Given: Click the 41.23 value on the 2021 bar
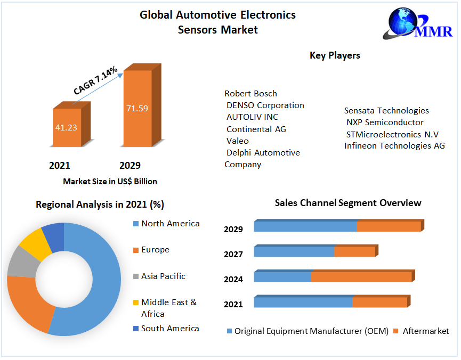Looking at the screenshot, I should [67, 128].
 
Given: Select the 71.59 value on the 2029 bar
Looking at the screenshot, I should [137, 108].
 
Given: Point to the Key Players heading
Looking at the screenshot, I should [335, 55].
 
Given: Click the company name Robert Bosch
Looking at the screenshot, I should [250, 93].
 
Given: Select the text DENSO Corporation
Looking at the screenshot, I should [265, 105].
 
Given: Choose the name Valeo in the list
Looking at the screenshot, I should [237, 141].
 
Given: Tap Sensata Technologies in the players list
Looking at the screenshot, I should [386, 111].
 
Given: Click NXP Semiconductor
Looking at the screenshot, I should [385, 122].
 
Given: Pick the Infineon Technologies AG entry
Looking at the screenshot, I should [394, 145].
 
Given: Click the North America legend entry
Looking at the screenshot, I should [170, 224].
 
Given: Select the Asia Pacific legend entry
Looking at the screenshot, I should [163, 276].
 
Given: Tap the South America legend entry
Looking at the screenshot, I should [170, 329].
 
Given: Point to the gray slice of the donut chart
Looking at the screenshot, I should [20, 262].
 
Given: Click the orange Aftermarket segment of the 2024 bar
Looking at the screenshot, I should [361, 277].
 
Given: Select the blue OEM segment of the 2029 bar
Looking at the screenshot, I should [305, 226].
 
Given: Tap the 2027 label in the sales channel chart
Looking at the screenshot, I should [233, 255].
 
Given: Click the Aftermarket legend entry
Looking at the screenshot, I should [425, 331].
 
